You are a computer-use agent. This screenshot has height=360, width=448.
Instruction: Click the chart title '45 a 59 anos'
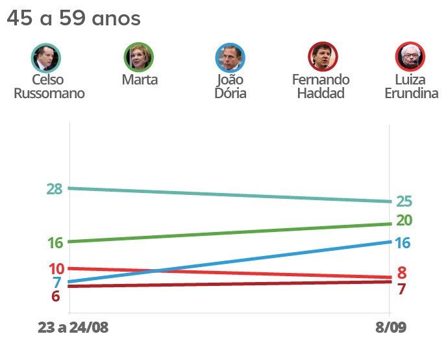(73, 19)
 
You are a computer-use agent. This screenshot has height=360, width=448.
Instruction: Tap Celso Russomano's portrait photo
(46, 58)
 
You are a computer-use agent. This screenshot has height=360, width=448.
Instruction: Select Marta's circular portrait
(139, 57)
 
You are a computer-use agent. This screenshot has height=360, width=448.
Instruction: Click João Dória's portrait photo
(230, 57)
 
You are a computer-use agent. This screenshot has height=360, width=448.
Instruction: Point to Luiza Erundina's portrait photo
(410, 57)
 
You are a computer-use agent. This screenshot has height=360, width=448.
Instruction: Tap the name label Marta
(140, 80)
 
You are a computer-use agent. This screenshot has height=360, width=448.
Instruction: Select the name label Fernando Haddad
(321, 86)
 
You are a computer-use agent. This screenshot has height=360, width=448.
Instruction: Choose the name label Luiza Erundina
(411, 86)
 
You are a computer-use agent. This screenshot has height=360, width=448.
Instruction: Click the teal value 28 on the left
(54, 189)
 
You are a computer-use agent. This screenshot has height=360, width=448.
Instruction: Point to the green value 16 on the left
(55, 243)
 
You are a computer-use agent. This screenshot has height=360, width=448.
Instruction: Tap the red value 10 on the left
(56, 269)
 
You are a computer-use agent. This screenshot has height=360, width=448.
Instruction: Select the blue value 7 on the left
(56, 283)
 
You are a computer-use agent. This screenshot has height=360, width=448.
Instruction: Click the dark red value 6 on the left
(56, 296)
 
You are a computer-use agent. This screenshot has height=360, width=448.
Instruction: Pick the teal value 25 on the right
(404, 202)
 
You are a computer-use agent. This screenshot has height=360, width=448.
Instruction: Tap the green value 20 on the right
(404, 220)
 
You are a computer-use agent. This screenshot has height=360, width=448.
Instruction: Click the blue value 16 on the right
(403, 243)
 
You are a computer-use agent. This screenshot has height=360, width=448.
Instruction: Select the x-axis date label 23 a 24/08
(73, 328)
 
